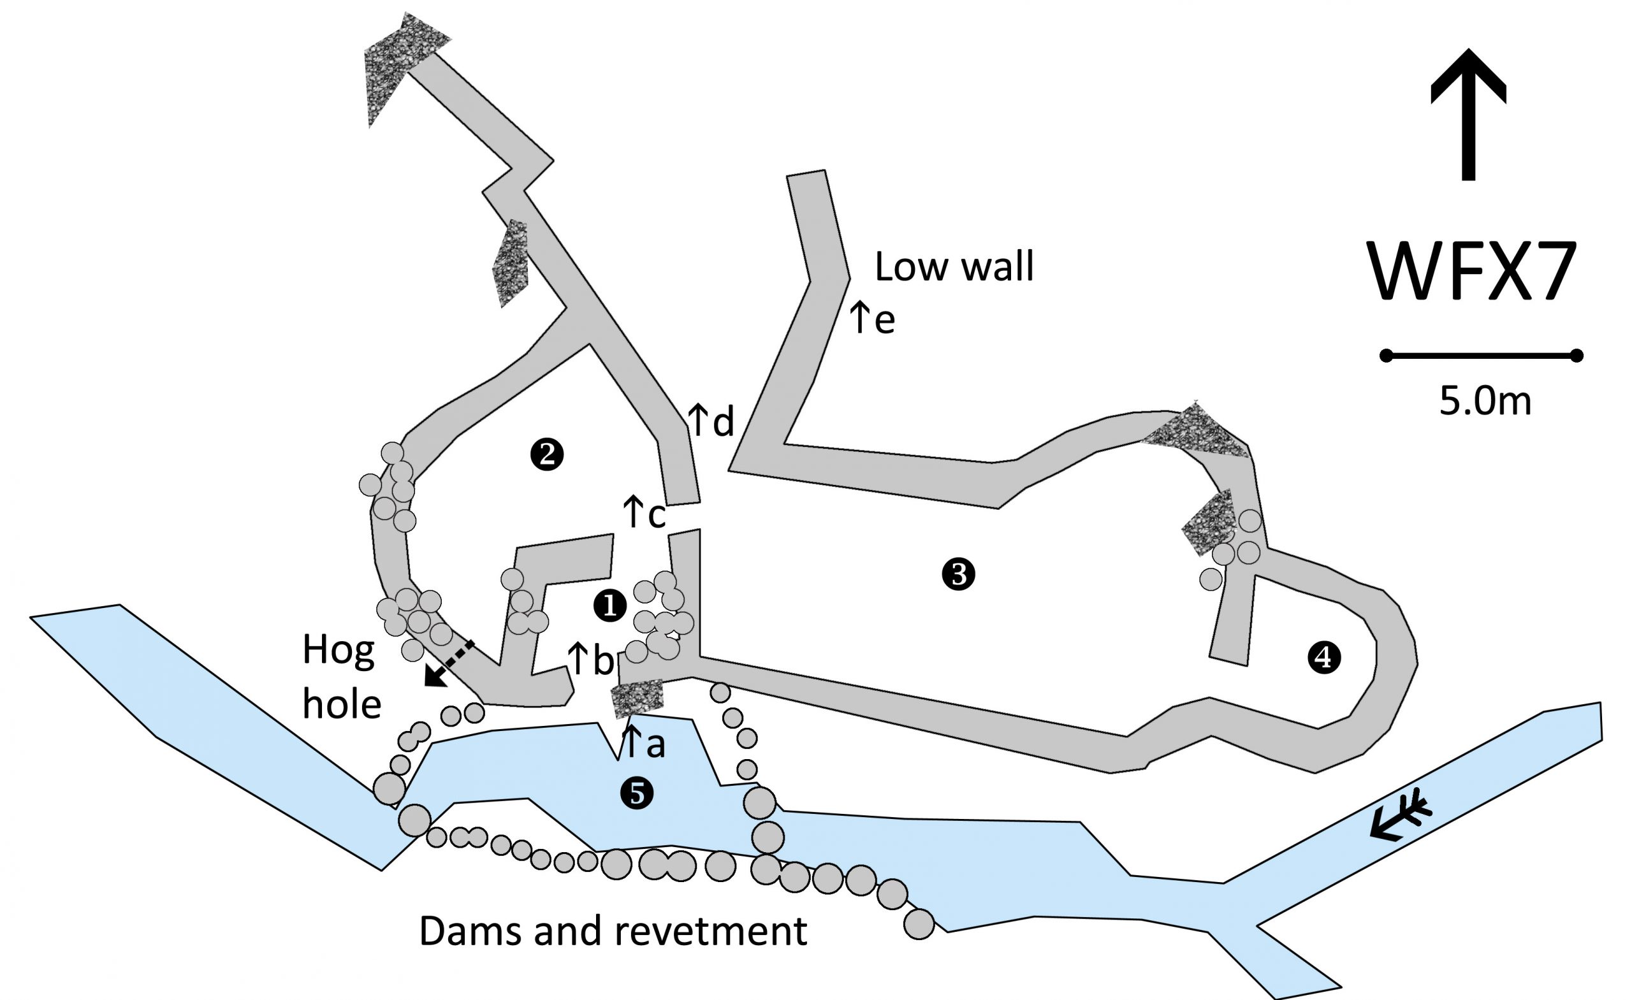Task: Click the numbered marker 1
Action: [610, 605]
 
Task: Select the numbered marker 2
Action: [547, 455]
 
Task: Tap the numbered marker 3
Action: [958, 574]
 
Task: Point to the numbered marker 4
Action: [1324, 658]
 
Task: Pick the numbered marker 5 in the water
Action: [636, 793]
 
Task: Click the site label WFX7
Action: [1472, 272]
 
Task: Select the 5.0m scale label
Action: [1485, 402]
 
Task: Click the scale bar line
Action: [1481, 356]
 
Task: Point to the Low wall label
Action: [954, 267]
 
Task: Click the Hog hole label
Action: [341, 676]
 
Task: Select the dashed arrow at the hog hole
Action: [449, 663]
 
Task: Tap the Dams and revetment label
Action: [613, 931]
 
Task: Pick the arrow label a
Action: [643, 743]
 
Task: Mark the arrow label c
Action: [644, 513]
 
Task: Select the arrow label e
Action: [872, 318]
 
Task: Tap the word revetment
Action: [711, 931]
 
